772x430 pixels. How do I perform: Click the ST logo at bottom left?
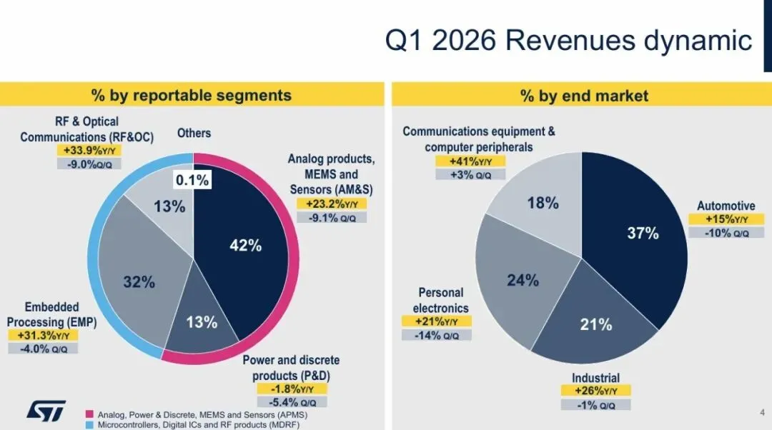[46, 409]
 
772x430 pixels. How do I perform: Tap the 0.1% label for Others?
[193, 181]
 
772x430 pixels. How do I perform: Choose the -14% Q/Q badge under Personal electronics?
[436, 334]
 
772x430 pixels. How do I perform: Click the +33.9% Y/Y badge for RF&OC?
[89, 151]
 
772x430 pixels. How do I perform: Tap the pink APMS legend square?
[90, 414]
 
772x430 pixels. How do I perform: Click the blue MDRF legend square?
[90, 425]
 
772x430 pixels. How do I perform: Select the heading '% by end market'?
[584, 96]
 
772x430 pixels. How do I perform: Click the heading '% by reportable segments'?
[191, 96]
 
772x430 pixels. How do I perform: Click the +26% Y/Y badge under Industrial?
[595, 391]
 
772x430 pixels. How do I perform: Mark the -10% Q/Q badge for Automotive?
[726, 232]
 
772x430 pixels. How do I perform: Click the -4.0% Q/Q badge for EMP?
[43, 349]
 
